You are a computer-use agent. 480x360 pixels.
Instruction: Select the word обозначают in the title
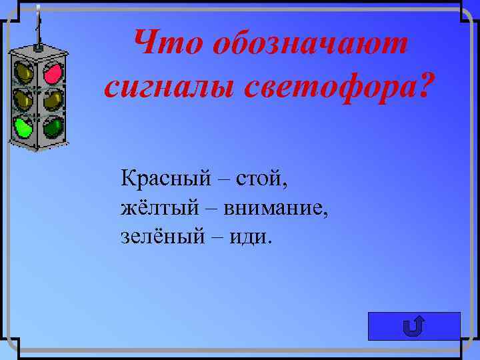click(x=309, y=45)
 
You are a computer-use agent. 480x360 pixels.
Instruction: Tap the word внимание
click(x=272, y=208)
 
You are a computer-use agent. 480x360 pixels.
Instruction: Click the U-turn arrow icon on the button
click(x=414, y=326)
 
